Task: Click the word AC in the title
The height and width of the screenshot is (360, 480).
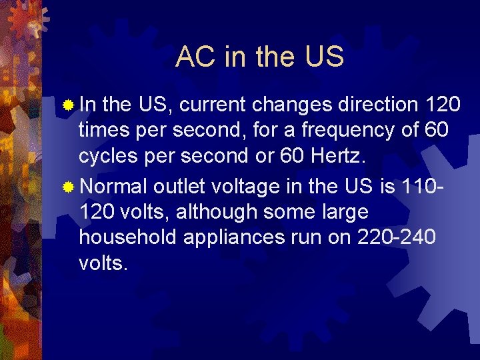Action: coord(197,58)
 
